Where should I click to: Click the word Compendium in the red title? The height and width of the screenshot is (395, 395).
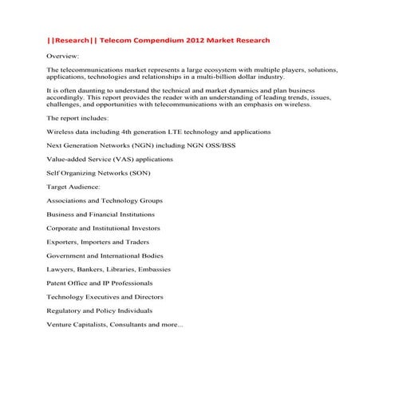[164, 40]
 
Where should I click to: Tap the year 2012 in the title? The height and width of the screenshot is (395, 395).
[205, 40]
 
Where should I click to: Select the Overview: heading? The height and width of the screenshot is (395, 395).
[63, 57]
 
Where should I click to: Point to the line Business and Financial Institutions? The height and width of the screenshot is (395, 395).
[101, 215]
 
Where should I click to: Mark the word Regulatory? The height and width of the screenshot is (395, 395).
[65, 310]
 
